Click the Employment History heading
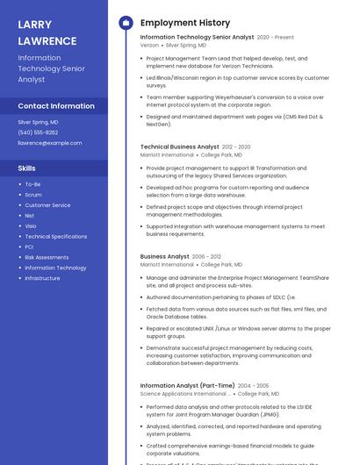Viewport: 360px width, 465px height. (x=185, y=23)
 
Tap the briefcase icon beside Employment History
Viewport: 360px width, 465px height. (x=126, y=23)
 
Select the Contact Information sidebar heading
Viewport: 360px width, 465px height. (x=56, y=106)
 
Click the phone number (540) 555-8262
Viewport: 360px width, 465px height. (x=38, y=132)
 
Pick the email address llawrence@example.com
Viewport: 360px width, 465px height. (x=50, y=143)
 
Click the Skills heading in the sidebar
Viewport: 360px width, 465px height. (x=27, y=168)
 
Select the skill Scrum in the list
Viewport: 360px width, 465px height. (x=33, y=195)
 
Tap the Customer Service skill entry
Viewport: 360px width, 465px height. (x=47, y=205)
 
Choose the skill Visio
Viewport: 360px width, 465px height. (x=31, y=226)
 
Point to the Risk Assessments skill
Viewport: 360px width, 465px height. (x=47, y=258)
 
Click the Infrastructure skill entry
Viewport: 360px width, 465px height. (x=42, y=278)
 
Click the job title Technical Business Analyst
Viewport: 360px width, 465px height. (x=180, y=147)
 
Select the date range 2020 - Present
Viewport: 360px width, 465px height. (x=276, y=38)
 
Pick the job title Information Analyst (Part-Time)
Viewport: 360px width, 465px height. (x=187, y=385)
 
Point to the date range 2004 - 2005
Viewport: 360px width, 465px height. (x=254, y=385)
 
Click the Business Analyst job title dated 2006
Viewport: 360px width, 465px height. (x=165, y=256)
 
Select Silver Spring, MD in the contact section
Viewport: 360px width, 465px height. (x=38, y=122)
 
